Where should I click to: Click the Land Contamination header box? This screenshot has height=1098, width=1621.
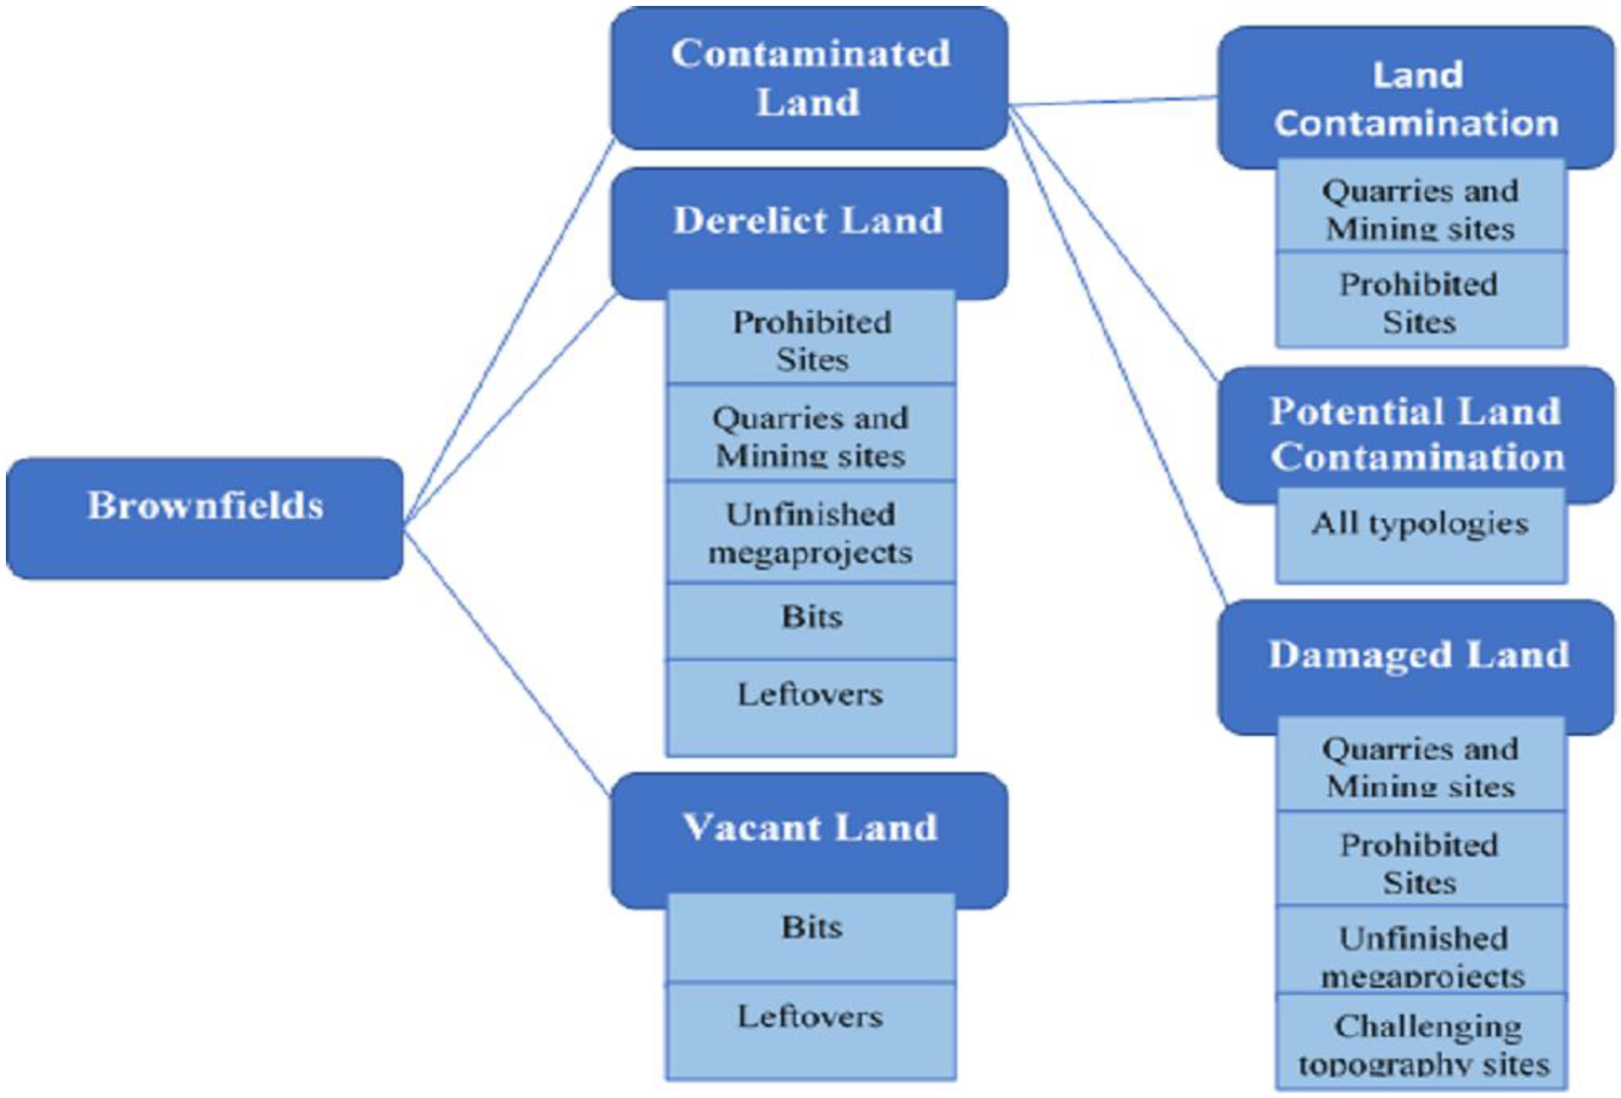point(1416,98)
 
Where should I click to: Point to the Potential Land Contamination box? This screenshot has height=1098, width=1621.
point(1416,433)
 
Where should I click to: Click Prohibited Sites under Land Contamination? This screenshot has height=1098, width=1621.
point(1420,302)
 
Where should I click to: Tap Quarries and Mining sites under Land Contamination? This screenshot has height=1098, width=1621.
point(1420,208)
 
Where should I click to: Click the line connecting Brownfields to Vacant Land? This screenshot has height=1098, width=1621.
point(508,663)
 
